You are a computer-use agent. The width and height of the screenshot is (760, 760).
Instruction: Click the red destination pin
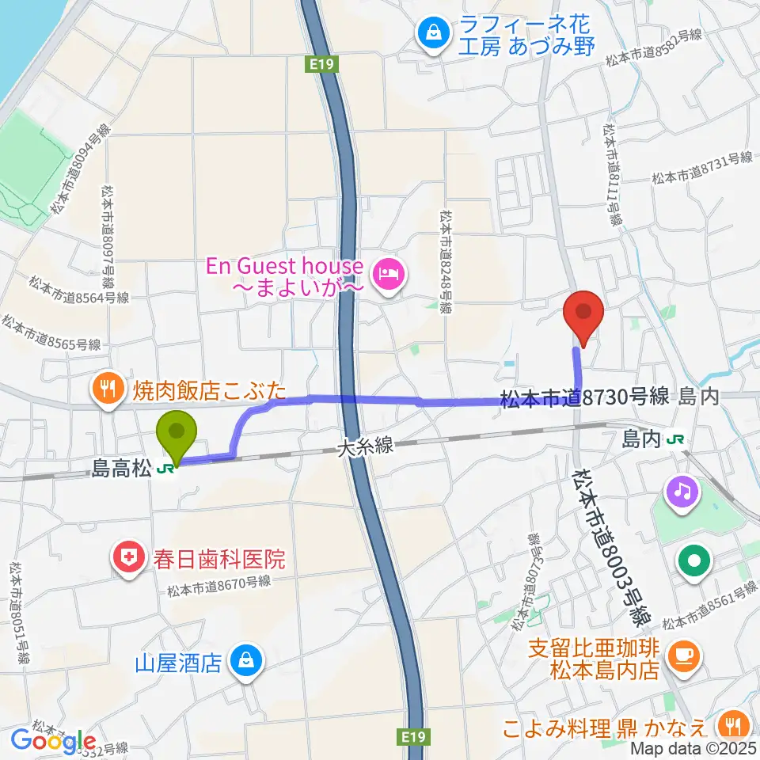coord(583,314)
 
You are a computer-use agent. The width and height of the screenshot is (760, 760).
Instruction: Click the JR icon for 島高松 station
coord(166,469)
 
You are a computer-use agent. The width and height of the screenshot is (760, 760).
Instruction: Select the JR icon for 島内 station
coord(675,437)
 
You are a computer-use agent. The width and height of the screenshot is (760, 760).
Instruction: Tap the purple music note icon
coord(682,492)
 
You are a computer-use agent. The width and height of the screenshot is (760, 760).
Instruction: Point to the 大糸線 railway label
coord(364,447)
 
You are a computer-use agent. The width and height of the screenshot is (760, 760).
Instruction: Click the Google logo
coord(54,741)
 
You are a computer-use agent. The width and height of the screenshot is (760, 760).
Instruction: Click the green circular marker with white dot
coord(694,561)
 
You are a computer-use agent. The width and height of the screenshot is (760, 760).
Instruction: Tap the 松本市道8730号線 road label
coord(586,397)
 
